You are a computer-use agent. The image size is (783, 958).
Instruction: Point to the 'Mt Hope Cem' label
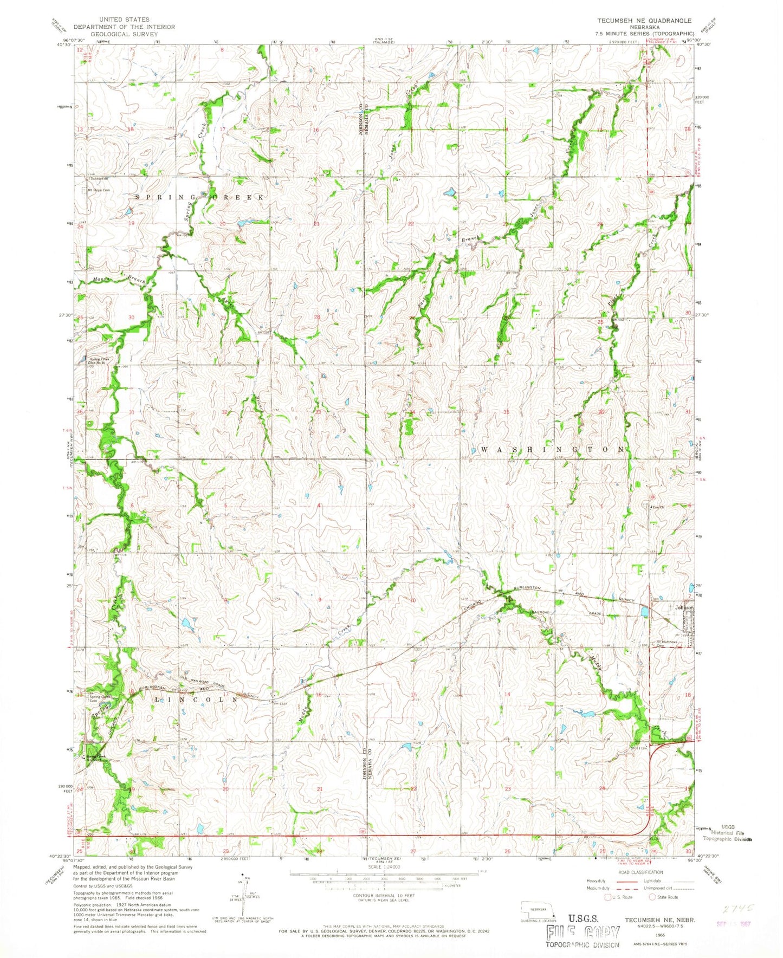point(99,190)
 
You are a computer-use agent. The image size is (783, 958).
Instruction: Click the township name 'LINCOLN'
point(196,700)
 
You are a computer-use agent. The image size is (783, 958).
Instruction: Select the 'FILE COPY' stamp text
point(583,933)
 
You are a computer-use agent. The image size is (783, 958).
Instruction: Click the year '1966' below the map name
point(659,935)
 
